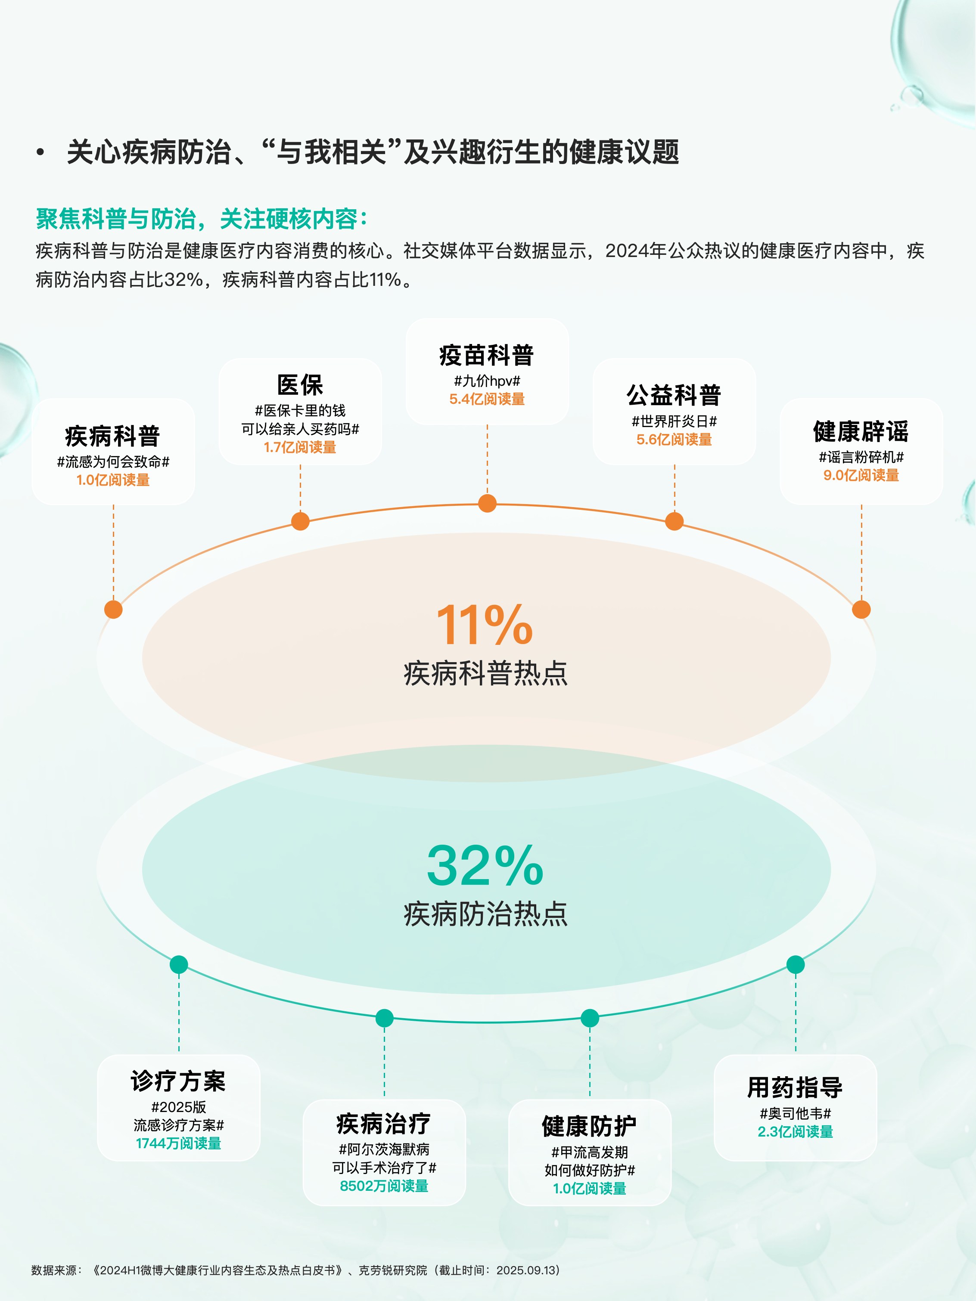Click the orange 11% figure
coord(484,625)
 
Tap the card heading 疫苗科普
coord(487,355)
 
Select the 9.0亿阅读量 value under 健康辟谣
coord(861,475)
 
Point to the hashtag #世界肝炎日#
coord(674,421)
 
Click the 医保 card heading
coord(300,385)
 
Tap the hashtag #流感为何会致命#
coord(113,462)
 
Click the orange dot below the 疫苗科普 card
coord(487,503)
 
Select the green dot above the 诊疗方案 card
coord(179,965)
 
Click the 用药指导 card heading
coord(795,1087)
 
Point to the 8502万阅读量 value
coord(384,1186)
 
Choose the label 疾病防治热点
coord(485,914)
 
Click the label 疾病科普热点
coord(485,673)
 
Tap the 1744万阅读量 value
coord(178,1143)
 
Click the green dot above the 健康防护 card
coord(590,1018)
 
